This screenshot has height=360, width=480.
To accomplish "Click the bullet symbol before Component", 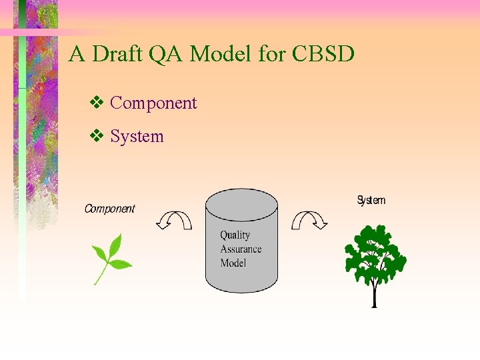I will point(95,103).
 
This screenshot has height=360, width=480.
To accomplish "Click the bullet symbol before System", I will point(95,137).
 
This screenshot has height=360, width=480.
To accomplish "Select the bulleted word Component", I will point(153,103).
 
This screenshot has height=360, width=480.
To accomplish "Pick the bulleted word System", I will point(137,137).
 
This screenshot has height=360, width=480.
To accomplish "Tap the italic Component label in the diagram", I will point(109,209).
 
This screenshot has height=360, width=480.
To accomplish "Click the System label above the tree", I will point(371,200).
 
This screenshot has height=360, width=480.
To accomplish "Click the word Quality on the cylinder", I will point(235,235).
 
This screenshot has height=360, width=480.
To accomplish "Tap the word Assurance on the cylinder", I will point(241,249).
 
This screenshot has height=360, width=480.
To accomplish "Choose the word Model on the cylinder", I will point(233,263).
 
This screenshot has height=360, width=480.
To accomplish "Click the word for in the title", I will point(271,54).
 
